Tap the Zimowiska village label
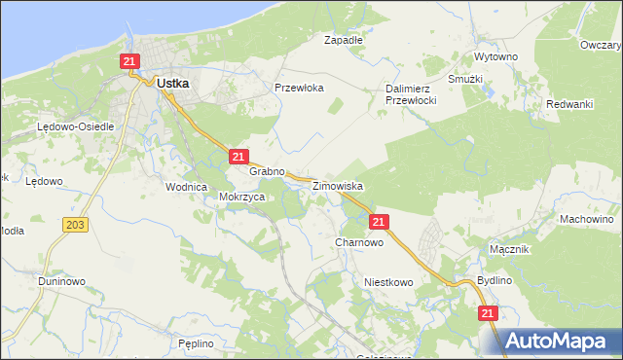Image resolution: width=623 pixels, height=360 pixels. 337,185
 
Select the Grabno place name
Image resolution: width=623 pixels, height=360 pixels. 267,171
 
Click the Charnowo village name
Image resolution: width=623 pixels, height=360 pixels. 359,242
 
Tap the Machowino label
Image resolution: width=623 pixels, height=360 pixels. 586,219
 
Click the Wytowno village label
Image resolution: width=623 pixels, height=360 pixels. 495,57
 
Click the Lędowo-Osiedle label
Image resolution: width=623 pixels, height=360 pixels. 76,127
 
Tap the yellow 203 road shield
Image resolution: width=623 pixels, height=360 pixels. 76,225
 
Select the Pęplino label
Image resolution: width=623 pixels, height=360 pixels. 196,343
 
